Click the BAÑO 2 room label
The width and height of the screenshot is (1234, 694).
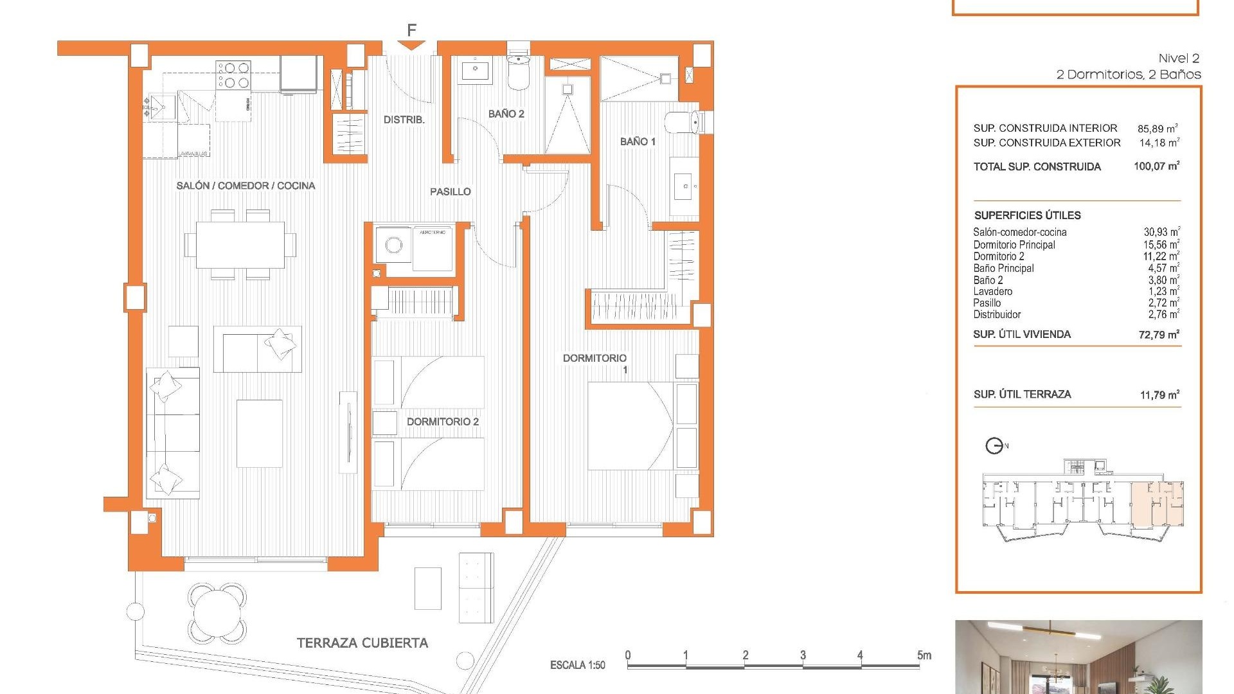tap(506, 114)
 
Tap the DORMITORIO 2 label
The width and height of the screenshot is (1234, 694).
tap(442, 422)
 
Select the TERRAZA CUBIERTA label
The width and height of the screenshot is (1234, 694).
tap(362, 643)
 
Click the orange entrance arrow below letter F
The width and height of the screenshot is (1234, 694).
tap(411, 45)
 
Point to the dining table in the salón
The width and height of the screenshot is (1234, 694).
tap(240, 244)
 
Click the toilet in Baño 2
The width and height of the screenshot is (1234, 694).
tap(518, 72)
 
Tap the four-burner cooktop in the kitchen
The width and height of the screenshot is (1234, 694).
tap(233, 74)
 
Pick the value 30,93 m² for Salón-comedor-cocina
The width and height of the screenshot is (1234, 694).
tap(1161, 232)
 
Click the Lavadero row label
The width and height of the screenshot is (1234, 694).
tap(992, 291)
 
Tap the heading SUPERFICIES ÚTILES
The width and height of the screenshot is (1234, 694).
tap(1027, 215)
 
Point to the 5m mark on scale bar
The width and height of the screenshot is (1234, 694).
tap(924, 655)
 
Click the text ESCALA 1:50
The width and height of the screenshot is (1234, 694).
tap(577, 665)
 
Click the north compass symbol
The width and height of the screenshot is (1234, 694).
tap(994, 445)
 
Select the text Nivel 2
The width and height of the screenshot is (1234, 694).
tap(1178, 58)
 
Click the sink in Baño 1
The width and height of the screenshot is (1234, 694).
tap(685, 186)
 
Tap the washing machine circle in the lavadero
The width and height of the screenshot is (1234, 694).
tap(393, 245)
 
